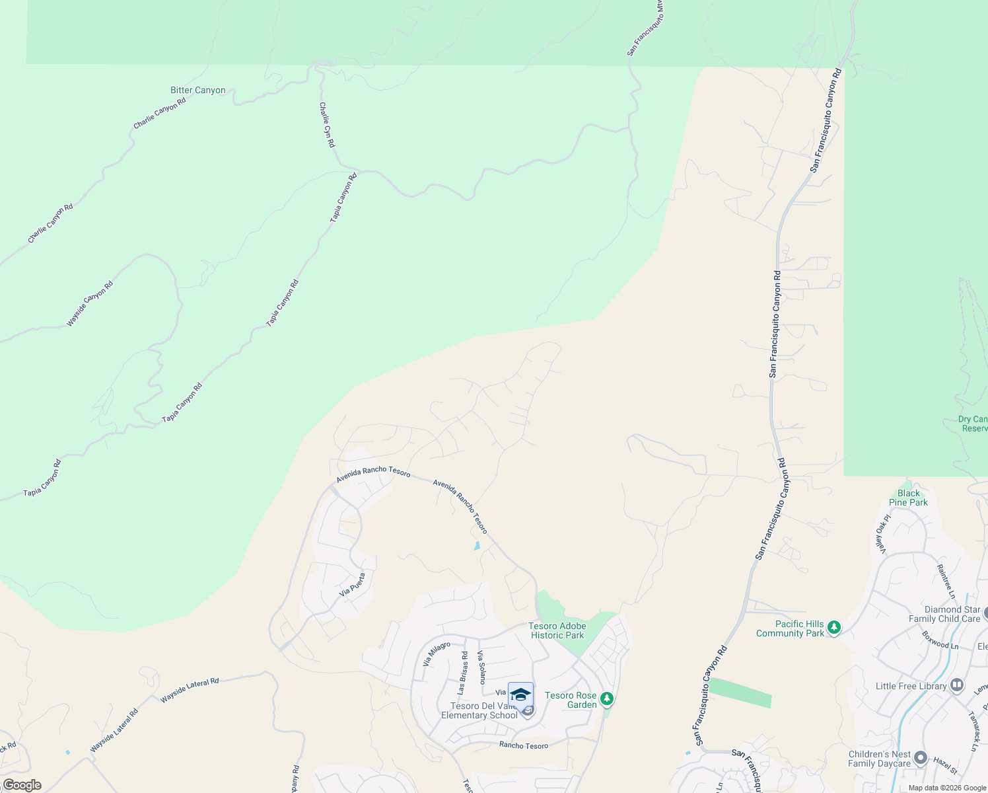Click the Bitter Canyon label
(x=198, y=91)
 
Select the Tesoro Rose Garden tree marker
(x=607, y=699)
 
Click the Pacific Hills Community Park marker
(x=834, y=627)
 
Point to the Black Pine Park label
(x=908, y=498)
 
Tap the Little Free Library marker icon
(x=957, y=685)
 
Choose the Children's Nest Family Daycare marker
(x=921, y=758)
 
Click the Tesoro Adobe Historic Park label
(x=557, y=630)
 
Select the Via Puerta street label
(x=353, y=585)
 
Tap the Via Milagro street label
(x=437, y=653)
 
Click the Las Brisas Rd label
(x=463, y=672)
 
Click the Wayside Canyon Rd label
(x=90, y=304)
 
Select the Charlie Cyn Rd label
(x=327, y=125)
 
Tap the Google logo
(x=22, y=785)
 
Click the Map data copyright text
(x=947, y=788)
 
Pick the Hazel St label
(x=945, y=766)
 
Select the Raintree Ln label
(x=946, y=578)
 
